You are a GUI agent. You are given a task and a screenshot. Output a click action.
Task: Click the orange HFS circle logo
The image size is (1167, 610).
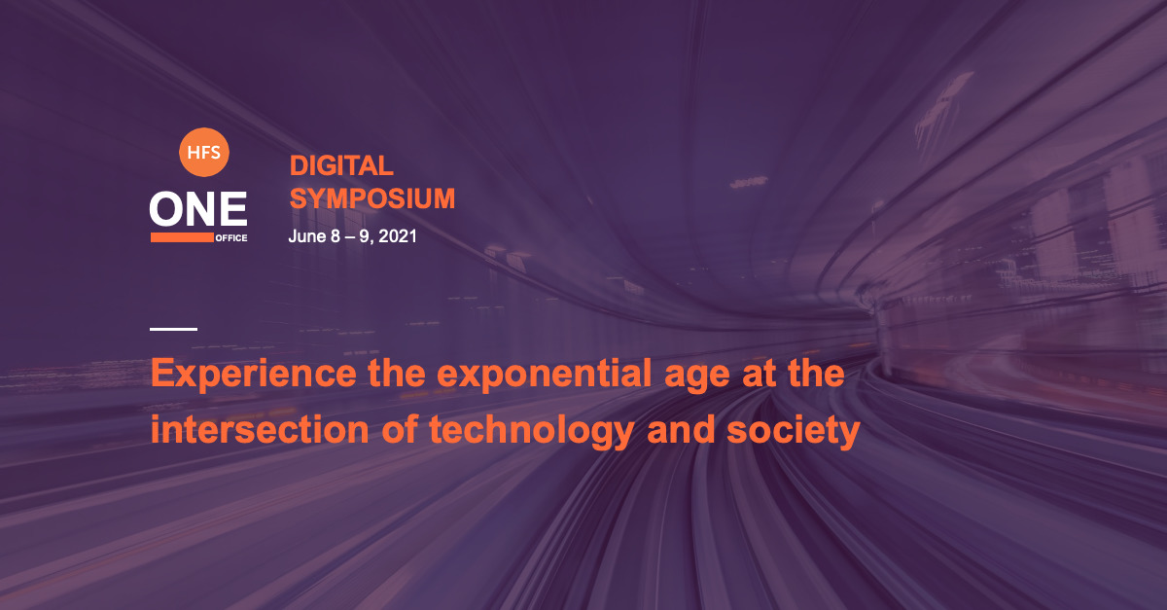coord(203,152)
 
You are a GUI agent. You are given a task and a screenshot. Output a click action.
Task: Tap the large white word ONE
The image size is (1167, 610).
coord(198,208)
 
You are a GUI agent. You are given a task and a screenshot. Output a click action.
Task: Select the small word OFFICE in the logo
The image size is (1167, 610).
coord(231,238)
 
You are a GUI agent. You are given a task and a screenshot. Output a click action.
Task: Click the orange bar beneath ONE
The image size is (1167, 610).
coord(182,237)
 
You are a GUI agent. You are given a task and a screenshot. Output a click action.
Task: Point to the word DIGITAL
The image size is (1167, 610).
coord(341,165)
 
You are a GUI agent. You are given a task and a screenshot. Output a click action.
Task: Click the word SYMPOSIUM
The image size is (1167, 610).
coord(371,198)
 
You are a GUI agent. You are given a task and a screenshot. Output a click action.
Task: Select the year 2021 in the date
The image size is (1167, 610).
coord(398,236)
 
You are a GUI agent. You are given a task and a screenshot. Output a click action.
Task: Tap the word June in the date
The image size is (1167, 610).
coord(307,236)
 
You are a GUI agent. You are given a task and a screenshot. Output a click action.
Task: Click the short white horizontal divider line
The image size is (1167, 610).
coord(173,329)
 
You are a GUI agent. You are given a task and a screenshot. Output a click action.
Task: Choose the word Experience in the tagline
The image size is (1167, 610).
coord(254,375)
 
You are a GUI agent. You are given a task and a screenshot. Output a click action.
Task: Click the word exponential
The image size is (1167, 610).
coord(544,375)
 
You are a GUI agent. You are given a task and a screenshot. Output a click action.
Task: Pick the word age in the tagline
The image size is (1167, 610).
coord(697,377)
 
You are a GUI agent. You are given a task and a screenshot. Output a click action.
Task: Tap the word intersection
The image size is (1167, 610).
coord(260,430)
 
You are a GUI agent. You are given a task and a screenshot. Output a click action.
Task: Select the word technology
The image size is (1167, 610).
coord(531,432)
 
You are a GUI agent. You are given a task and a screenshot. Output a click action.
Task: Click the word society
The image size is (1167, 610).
coord(793,432)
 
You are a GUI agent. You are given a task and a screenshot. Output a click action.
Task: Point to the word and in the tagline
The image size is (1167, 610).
coord(681,430)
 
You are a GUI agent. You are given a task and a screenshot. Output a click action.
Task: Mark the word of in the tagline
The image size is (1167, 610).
coord(400,430)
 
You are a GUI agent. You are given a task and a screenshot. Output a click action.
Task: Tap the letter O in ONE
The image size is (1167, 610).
coord(165,208)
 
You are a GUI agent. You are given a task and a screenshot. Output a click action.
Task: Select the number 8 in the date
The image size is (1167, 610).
coord(335,236)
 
